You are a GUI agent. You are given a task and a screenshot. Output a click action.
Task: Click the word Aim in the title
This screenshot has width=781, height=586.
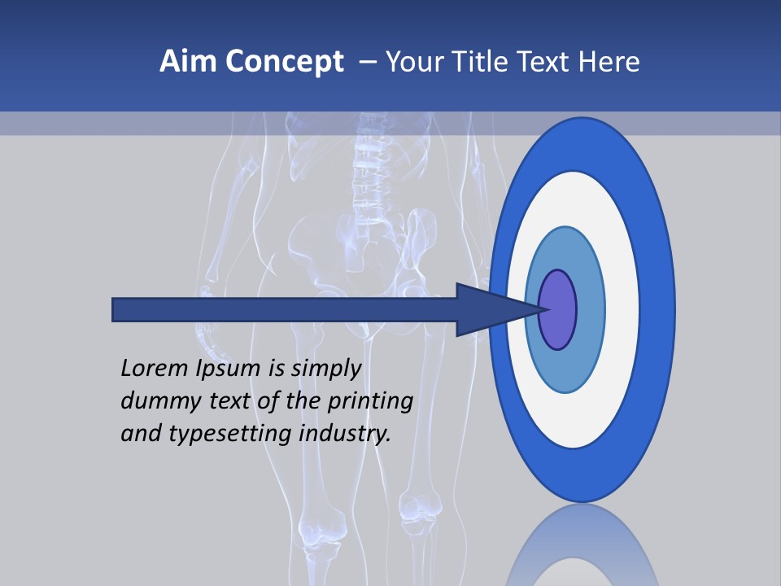click(x=181, y=62)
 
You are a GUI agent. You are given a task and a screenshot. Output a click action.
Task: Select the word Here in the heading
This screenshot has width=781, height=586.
click(x=609, y=62)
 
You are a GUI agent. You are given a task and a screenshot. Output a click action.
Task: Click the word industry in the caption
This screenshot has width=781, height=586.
click(x=345, y=435)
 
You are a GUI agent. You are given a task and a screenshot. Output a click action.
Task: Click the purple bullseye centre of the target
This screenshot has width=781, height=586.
click(x=558, y=309)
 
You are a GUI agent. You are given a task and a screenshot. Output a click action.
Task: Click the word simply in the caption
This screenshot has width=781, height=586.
click(x=325, y=369)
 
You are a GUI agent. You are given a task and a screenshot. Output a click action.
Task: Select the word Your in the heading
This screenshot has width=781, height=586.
click(x=412, y=62)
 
